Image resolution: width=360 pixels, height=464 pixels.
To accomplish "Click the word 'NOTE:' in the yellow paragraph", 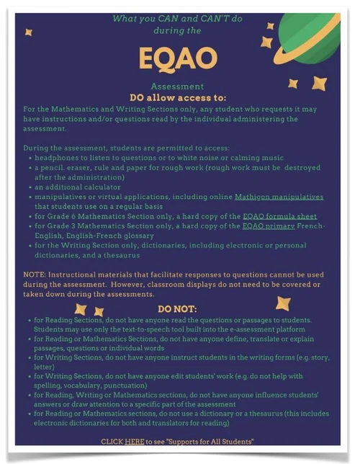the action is click(x=35, y=275).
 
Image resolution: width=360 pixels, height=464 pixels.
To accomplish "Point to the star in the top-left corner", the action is click(x=28, y=32).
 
